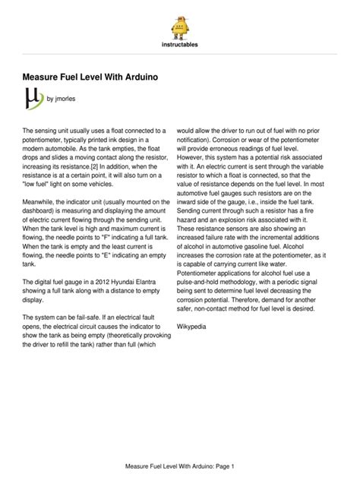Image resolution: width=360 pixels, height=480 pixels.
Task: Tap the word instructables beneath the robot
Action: tap(179, 45)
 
